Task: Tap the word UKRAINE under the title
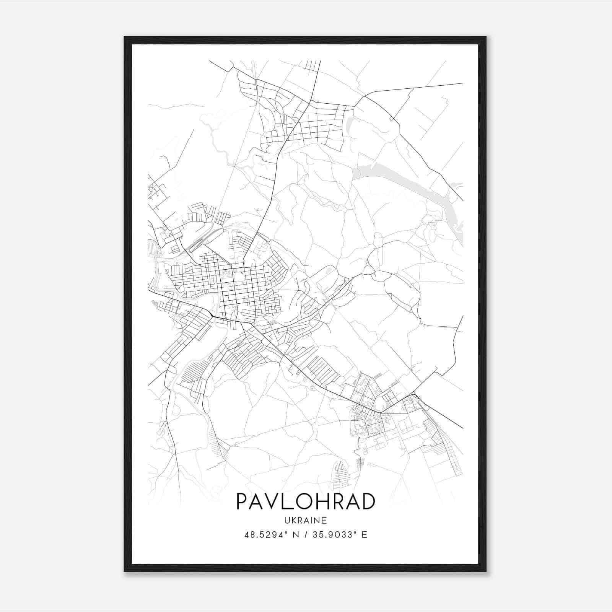tap(306, 520)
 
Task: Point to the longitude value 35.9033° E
tap(340, 535)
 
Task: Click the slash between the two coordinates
tap(306, 535)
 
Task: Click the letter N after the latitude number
tap(296, 535)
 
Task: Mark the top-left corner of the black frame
tap(125, 37)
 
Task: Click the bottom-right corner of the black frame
tap(485, 571)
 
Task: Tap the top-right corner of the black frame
tap(485, 37)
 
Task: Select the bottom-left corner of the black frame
tap(125, 571)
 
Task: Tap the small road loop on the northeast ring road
tap(392, 119)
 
